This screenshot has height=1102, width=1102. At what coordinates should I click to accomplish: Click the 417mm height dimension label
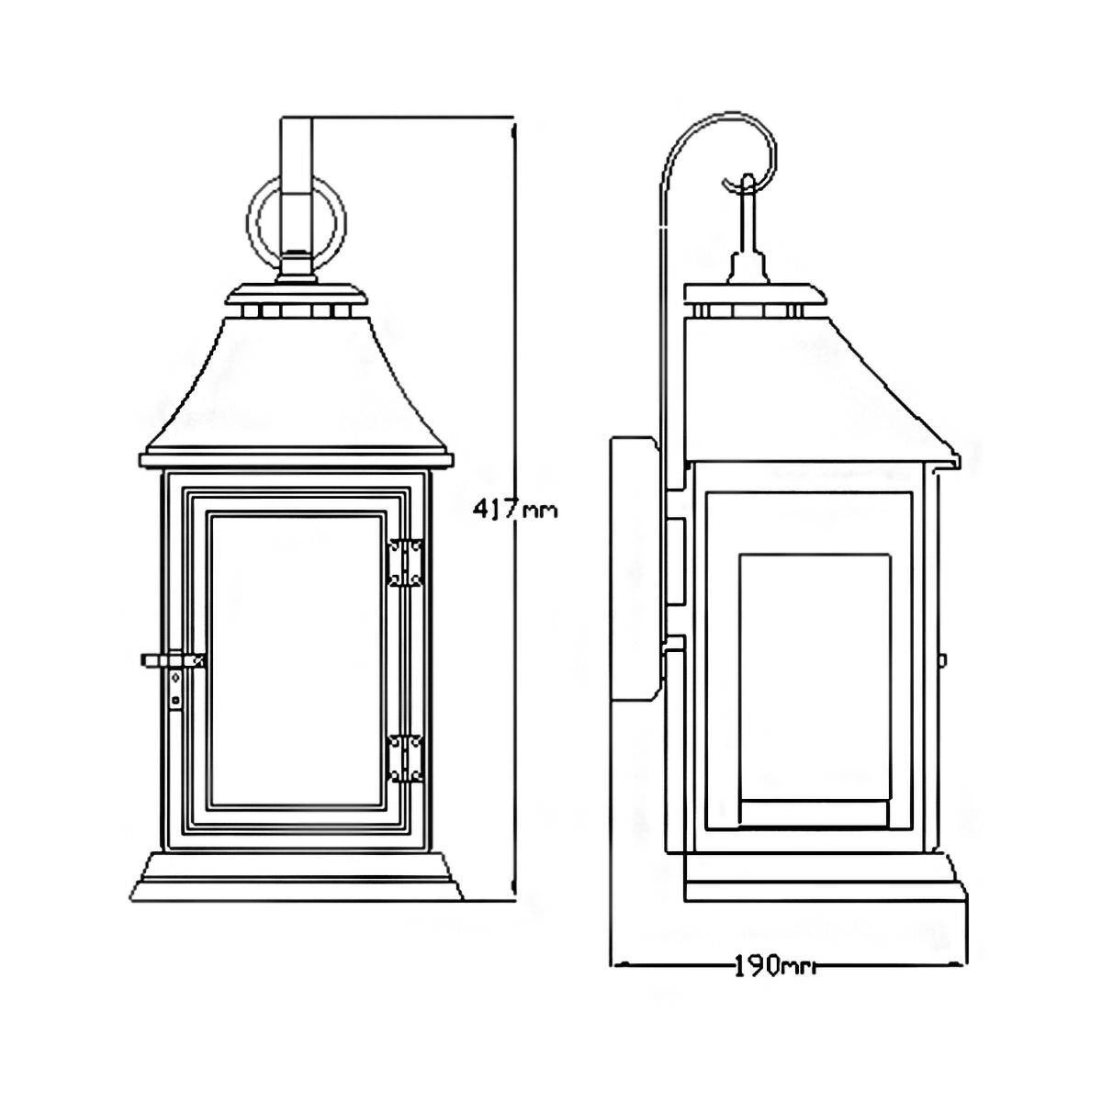514,509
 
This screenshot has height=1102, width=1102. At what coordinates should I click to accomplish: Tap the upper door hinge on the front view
406,563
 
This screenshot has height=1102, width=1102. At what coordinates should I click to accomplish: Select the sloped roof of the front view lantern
297,384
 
